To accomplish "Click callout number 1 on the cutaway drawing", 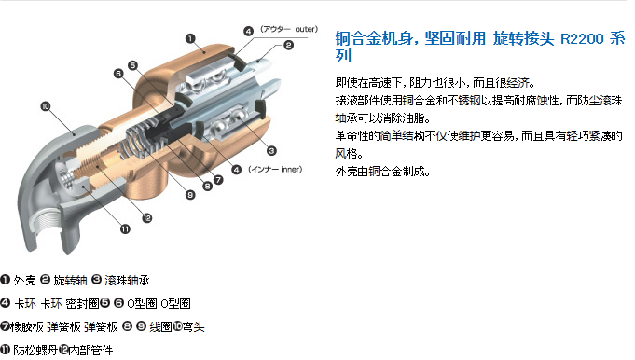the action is [190, 38].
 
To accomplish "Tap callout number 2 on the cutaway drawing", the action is [288, 45].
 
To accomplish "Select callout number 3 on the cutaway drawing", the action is [271, 151].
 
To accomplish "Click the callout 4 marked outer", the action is [248, 31].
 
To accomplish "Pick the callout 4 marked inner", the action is [237, 170].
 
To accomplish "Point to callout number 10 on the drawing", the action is [46, 106].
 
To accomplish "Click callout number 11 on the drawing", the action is [125, 229].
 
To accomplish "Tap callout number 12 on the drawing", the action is [147, 218].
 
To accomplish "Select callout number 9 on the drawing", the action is [190, 195].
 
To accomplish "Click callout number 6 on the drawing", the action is [118, 74].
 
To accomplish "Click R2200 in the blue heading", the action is [582, 39].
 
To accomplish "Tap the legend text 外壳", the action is [24, 280].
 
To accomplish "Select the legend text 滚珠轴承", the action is [127, 280].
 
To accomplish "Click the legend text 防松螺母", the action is [35, 350].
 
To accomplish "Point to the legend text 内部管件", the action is [90, 350].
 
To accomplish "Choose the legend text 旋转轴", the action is [70, 280].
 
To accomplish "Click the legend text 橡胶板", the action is [27, 326].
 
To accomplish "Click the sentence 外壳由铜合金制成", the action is [382, 172].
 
